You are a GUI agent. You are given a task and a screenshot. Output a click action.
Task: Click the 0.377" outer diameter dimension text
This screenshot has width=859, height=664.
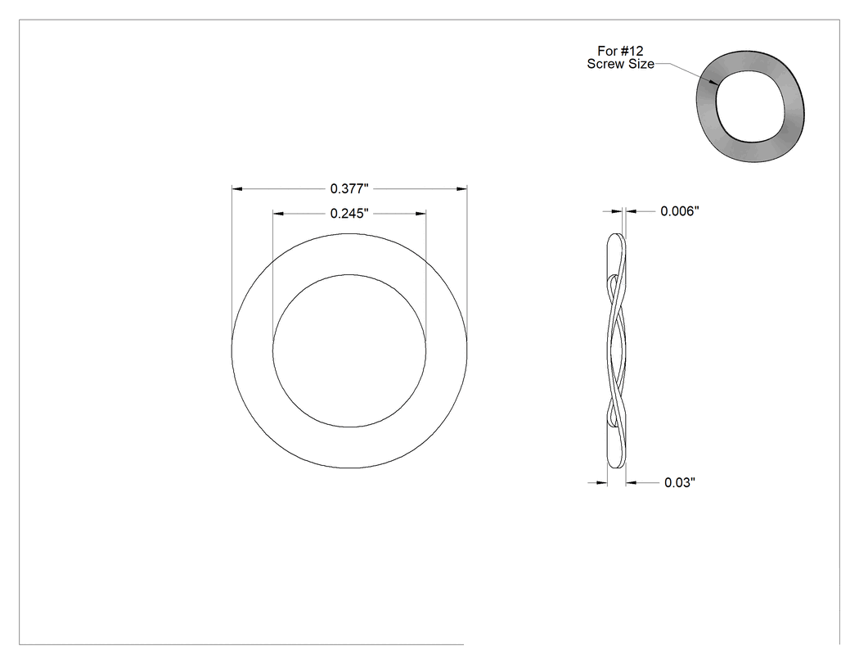click(349, 188)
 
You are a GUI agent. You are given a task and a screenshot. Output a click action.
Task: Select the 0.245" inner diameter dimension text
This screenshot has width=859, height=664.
click(349, 214)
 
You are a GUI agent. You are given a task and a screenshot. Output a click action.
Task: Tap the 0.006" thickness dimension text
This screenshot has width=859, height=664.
click(680, 211)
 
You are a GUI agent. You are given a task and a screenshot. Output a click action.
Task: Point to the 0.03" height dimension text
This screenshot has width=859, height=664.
click(680, 482)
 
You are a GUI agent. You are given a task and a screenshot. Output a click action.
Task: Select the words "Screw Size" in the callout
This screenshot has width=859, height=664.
click(621, 64)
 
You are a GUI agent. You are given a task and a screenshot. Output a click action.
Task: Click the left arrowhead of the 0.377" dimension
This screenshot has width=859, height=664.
click(237, 188)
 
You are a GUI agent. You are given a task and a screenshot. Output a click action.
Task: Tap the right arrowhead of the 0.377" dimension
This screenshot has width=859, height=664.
click(462, 188)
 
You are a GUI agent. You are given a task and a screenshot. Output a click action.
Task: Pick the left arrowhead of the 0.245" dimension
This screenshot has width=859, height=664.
click(278, 214)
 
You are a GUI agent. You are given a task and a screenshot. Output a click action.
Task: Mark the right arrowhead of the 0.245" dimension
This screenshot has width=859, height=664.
click(421, 214)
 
